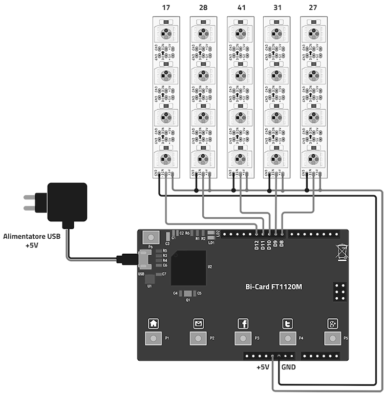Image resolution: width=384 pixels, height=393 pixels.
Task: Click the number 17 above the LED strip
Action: [166, 8]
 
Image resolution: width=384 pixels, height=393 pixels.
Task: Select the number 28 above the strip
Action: [203, 8]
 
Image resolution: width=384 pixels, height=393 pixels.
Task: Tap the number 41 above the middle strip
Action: [240, 8]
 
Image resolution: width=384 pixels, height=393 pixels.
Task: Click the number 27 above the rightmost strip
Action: [313, 8]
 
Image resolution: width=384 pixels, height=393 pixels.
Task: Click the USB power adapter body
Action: [67, 202]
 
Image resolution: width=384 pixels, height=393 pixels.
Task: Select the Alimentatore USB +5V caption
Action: [28, 241]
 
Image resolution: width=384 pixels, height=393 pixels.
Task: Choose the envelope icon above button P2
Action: [198, 323]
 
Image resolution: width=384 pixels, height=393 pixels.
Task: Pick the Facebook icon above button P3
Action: [243, 323]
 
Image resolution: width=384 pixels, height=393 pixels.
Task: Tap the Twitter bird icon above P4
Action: [288, 323]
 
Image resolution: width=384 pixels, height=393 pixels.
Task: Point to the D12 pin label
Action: [257, 244]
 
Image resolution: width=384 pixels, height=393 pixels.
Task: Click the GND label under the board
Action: [288, 367]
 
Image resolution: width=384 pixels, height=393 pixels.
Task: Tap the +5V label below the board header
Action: [263, 367]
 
